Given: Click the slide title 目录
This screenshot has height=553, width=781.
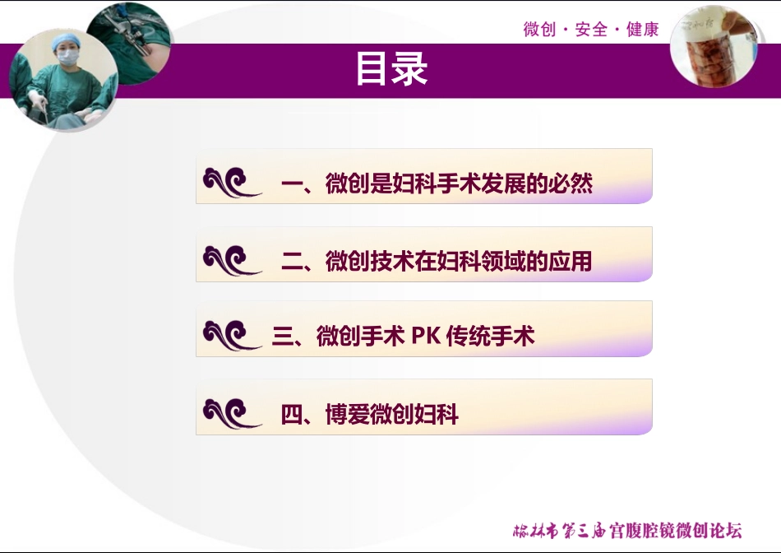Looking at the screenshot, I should tap(391, 70).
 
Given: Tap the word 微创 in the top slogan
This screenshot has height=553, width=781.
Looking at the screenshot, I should tap(538, 30).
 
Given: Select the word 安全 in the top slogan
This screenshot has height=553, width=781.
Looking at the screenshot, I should tap(591, 30).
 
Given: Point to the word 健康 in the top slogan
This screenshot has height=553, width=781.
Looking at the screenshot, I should tap(643, 30).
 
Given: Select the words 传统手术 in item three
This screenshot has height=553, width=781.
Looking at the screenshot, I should tap(491, 336).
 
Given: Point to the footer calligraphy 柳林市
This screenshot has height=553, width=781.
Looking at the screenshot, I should tap(534, 531).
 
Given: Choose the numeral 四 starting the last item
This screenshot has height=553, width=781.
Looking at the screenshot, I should tap(292, 415).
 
